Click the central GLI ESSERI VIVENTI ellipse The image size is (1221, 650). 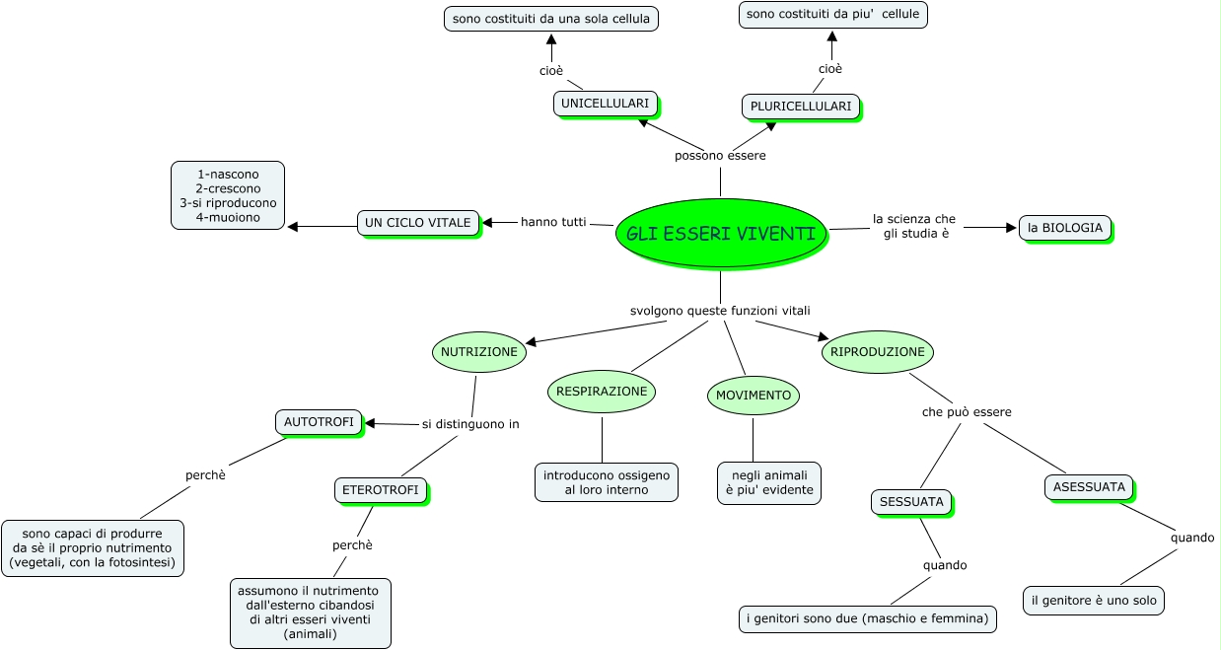pos(720,234)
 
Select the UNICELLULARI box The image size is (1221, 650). pos(605,104)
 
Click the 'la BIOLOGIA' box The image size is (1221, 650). pos(1064,228)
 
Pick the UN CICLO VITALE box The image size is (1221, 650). pos(418,223)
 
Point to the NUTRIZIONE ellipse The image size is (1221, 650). pos(478,352)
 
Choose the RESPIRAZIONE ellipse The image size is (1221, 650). pos(602,392)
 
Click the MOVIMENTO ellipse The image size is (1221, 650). pos(754,396)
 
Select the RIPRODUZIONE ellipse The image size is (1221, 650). pos(877,352)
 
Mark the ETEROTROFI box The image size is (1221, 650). pos(380,489)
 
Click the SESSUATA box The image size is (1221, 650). pos(911,502)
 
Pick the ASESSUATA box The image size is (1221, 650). pos(1089,486)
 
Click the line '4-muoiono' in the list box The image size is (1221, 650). pos(228,217)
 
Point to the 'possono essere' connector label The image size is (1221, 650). pos(720,156)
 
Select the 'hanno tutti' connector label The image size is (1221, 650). pos(553,222)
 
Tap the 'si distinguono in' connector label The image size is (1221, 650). pos(470,424)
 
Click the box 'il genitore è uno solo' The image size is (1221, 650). pos(1094,600)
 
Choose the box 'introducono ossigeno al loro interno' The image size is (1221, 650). pos(606,482)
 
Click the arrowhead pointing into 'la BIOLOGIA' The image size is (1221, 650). pos(1011,228)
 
